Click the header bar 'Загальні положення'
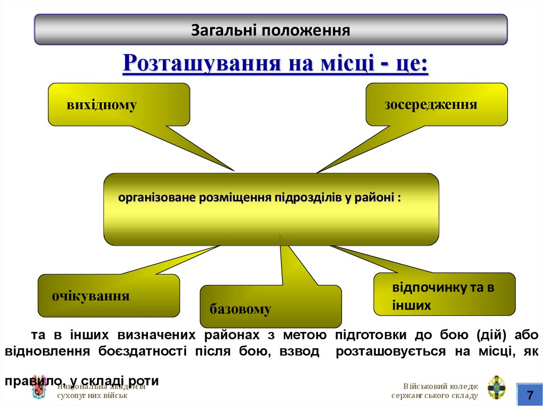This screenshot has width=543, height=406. coord(270,30)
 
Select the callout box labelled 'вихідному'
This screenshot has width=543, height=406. coord(119,104)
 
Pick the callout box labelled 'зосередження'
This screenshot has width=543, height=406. coord(436,104)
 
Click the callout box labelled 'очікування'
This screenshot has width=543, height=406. coord(108,295)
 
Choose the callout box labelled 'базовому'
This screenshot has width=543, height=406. coord(270,306)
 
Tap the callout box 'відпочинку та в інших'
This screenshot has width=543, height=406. coord(444,294)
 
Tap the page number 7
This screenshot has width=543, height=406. coord(529,394)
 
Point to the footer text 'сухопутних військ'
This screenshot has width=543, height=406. coord(92,395)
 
